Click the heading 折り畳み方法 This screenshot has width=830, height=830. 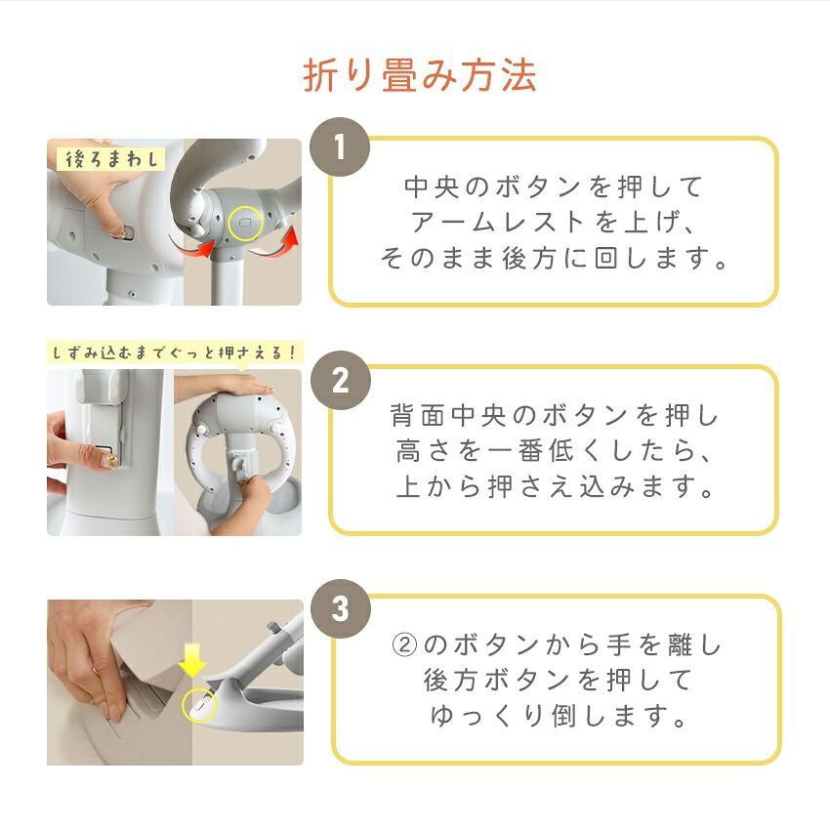[420, 75]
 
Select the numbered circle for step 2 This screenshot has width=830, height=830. [340, 381]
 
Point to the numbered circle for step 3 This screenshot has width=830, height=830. [340, 609]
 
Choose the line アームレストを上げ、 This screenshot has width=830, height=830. [554, 223]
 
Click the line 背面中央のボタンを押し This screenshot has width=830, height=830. [554, 415]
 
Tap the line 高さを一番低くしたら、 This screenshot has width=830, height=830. [554, 451]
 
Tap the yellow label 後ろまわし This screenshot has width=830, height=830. [106, 158]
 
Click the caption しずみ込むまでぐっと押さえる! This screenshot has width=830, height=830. [174, 352]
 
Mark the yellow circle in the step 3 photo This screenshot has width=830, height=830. [198, 703]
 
